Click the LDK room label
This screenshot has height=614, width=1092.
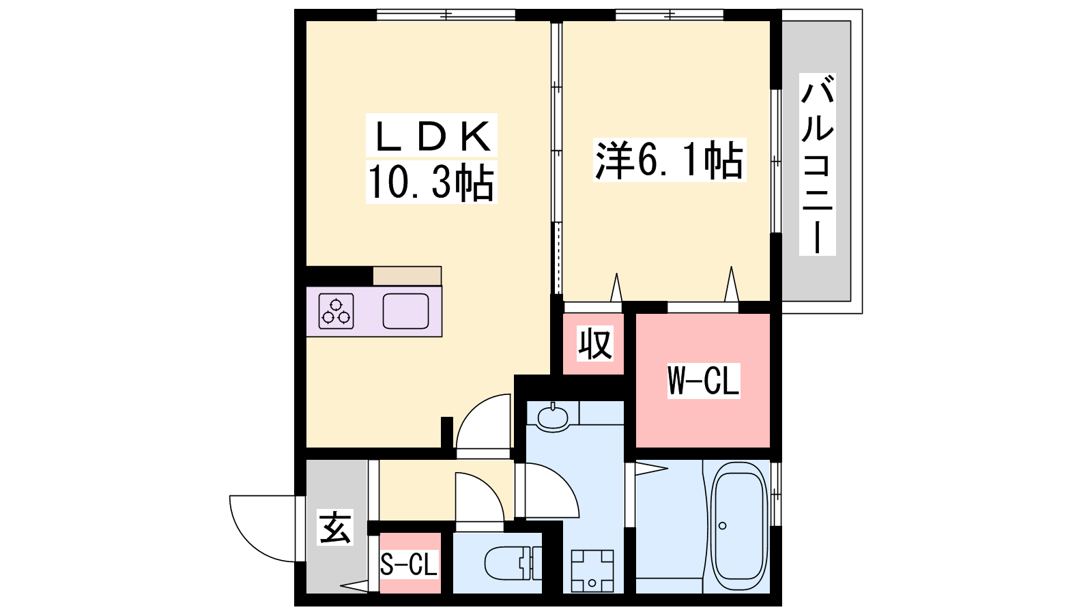pos(431,136)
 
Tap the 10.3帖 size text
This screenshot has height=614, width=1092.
pos(431,182)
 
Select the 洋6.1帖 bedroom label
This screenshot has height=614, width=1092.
pos(669,160)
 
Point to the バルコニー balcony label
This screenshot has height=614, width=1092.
pos(818,164)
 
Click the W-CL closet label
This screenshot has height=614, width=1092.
pos(704,381)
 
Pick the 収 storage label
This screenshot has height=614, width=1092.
pos(594,344)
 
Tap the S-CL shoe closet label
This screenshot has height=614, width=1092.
pos(409,564)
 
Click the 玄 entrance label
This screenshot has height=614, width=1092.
pos(335,527)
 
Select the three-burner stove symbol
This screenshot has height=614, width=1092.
pos(336,311)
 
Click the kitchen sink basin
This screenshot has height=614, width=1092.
pos(405,311)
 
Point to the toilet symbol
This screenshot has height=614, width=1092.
pos(513,564)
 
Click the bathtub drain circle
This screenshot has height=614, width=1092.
pos(723,526)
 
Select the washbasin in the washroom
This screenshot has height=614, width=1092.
pos(552,417)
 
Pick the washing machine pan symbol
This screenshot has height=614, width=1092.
pos(592,570)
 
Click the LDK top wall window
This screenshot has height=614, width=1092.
pos(446,15)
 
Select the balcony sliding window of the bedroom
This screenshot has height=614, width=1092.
pos(775,161)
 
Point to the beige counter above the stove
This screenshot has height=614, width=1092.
pos(407,276)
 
